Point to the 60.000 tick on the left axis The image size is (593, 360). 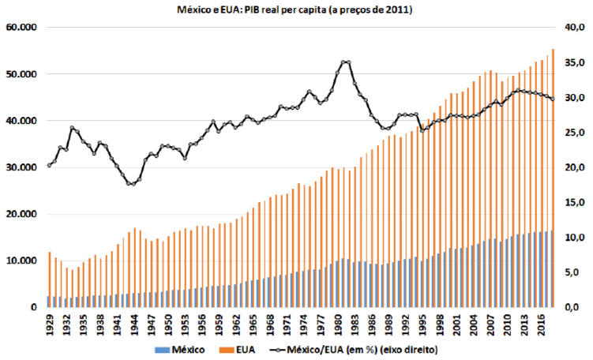pos(22,28)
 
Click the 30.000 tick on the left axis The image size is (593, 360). pos(22,167)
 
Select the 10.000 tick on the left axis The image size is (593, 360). pos(22,261)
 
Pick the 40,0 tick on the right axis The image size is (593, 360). pos(572,28)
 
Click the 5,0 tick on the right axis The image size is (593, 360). pos(572,272)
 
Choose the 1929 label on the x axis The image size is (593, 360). pos(50,324)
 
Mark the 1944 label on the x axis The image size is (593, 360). pos(136,324)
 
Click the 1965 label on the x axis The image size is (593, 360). pos(257,324)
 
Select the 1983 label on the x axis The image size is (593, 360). pos(361,324)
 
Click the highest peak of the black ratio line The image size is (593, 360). pos(345,62)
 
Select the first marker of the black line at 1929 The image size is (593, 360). pos(49,165)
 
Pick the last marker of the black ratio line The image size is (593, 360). pos(552,99)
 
